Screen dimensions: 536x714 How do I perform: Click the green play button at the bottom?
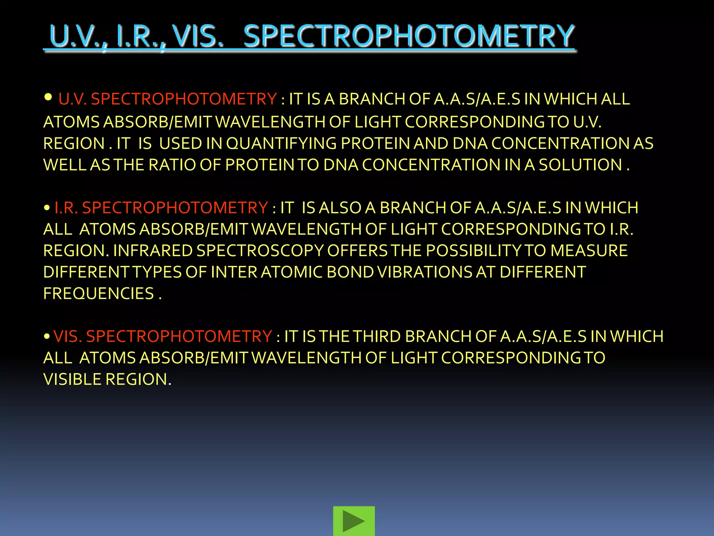(x=354, y=521)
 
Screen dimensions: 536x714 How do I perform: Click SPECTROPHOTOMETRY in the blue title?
(x=409, y=36)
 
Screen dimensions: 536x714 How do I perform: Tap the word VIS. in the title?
(x=198, y=36)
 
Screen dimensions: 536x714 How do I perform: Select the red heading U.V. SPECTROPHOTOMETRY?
(x=167, y=99)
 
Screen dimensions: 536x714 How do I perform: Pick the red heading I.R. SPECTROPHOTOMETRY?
(x=161, y=208)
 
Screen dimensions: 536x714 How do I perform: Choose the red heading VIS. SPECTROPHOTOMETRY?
(x=163, y=336)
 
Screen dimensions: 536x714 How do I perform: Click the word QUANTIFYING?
(x=281, y=143)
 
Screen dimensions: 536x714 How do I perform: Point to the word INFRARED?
(x=153, y=251)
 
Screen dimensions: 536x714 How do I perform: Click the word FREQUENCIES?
(x=99, y=293)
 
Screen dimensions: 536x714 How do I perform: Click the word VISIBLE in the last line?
(x=73, y=379)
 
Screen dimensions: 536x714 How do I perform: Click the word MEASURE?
(x=589, y=251)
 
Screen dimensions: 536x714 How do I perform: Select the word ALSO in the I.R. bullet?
(x=340, y=208)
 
